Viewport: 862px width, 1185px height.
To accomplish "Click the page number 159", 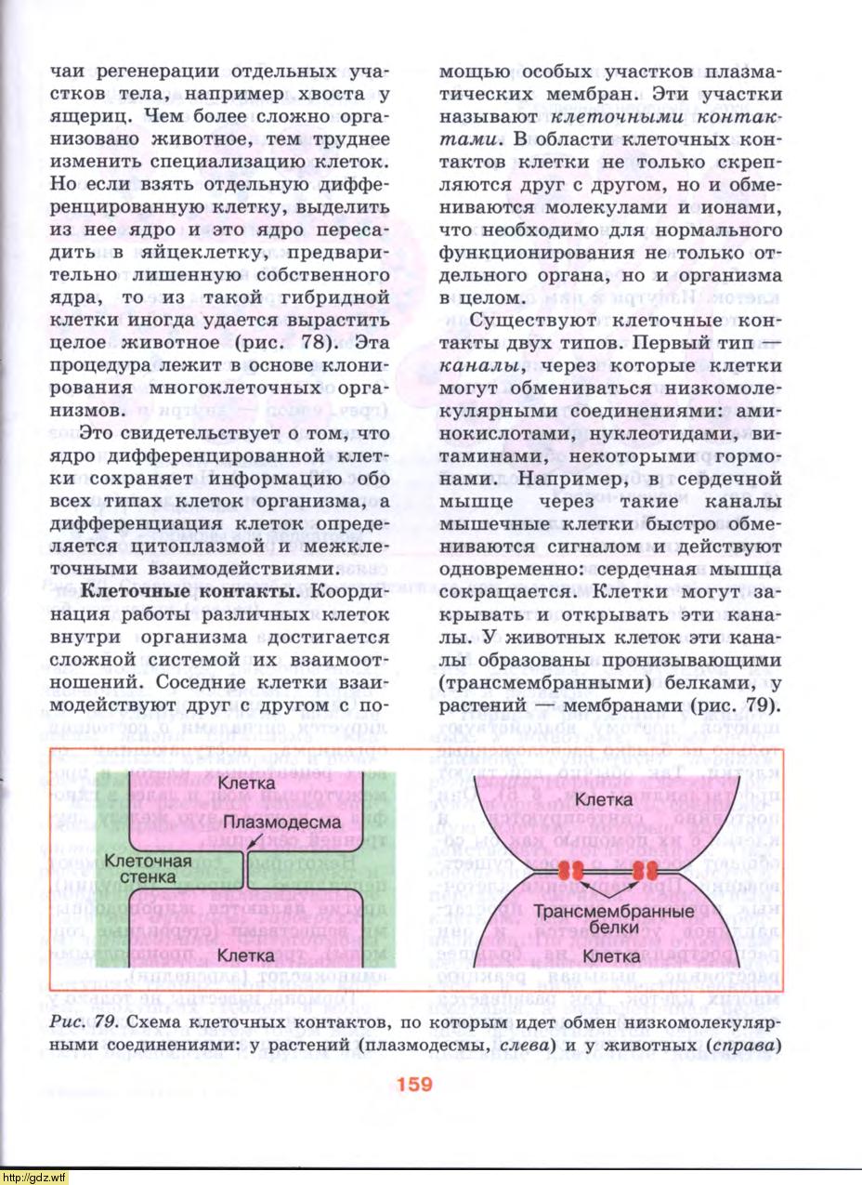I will (x=413, y=1084).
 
